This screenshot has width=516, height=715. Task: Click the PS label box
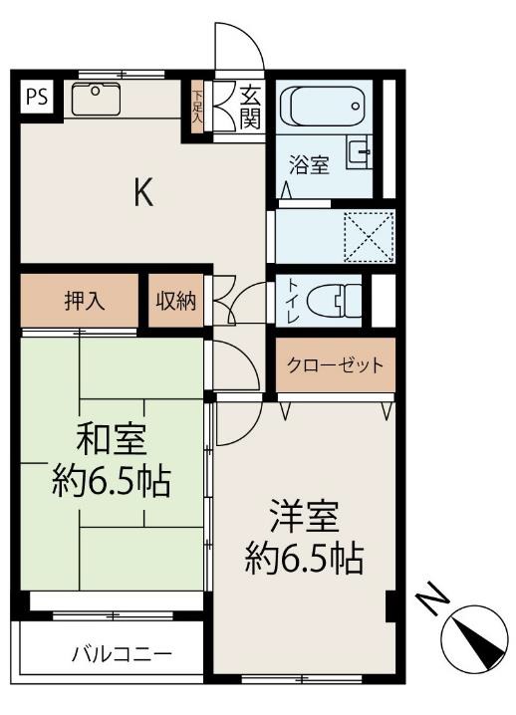pos(37,97)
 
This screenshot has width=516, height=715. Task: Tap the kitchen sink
pos(95,98)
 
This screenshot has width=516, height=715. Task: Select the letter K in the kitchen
pos(145,192)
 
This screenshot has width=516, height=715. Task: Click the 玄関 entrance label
pos(250,107)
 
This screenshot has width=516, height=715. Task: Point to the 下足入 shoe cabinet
pos(197,106)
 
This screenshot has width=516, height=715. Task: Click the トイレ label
pos(292,297)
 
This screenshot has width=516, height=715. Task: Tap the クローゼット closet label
pos(335,364)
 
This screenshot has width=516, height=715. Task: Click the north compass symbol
pos(476,638)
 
